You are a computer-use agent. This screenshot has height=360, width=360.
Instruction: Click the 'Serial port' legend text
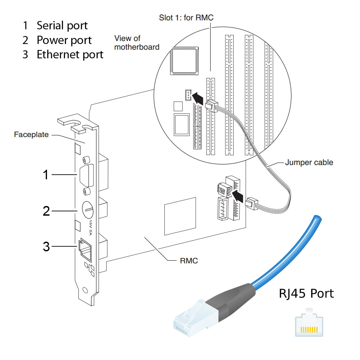pos(62,26)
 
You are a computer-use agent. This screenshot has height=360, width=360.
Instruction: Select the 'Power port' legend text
pos(64,40)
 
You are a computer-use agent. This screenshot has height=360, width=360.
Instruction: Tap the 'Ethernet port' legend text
pos(70,55)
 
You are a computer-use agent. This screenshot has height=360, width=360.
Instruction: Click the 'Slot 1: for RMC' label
pos(186,18)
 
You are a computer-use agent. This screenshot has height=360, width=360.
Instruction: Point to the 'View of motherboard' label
pos(137,43)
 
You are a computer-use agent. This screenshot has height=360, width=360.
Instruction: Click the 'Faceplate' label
pos(31,135)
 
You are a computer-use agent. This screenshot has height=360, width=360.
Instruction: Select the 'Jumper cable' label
pos(309,163)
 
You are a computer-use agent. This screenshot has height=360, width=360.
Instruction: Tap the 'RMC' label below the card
pos(189,261)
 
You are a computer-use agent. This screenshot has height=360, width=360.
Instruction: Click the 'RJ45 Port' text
pos(306,294)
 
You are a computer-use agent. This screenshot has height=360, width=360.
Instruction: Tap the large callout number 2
pos(46,211)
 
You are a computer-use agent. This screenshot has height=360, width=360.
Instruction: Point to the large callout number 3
pos(46,247)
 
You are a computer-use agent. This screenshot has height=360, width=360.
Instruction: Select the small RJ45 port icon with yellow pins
pos(309,325)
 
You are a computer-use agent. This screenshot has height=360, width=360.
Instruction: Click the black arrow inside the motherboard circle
pos(199,98)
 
